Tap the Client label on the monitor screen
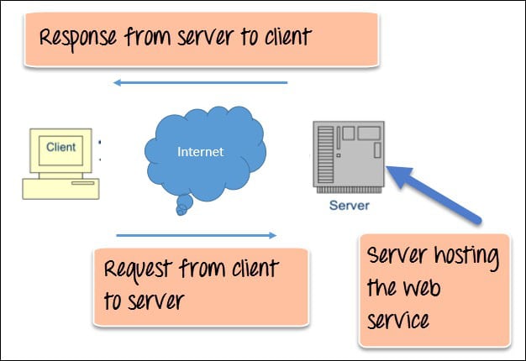[x=61, y=148]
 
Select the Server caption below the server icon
[x=349, y=204]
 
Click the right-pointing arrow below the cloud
[x=196, y=235]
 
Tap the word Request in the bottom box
[x=139, y=271]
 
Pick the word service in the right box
[x=401, y=320]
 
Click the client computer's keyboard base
[x=59, y=188]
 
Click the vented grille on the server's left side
[x=322, y=155]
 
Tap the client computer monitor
[x=61, y=151]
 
